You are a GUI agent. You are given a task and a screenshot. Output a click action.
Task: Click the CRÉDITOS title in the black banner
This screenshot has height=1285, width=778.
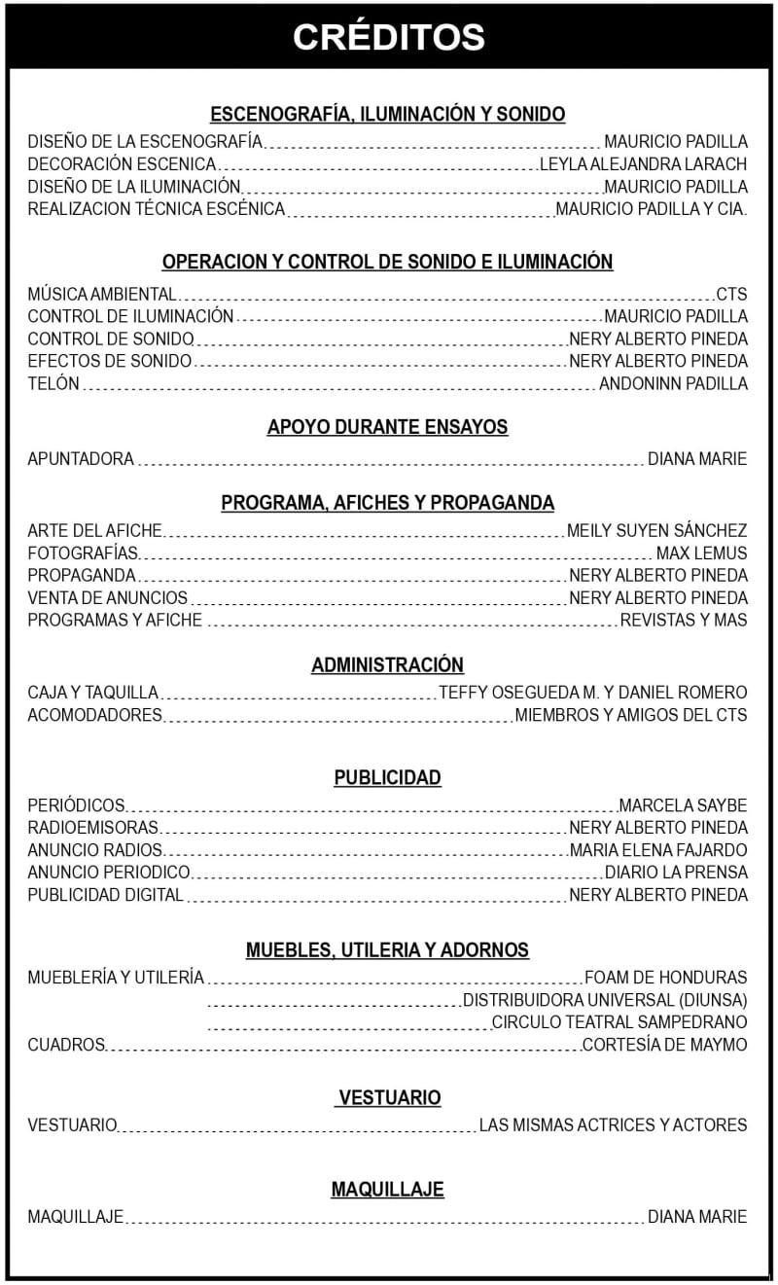[388, 37]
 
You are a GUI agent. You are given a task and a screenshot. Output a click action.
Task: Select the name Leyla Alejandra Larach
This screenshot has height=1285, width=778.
[643, 164]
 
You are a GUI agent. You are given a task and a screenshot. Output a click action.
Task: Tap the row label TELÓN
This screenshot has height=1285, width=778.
[53, 383]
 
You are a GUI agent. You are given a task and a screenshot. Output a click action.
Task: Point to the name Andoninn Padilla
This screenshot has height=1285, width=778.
[673, 383]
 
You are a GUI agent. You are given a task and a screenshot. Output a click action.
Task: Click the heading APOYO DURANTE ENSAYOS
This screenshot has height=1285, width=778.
[387, 427]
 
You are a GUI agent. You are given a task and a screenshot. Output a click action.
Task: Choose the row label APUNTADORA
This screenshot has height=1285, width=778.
[81, 458]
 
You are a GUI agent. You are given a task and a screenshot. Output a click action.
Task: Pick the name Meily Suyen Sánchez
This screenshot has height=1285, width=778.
[656, 530]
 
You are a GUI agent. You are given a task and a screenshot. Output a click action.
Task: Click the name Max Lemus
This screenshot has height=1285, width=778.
[701, 553]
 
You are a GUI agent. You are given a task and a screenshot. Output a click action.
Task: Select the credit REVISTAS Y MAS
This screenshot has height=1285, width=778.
[684, 620]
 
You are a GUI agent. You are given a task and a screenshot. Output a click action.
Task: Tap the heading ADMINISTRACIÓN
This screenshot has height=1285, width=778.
[387, 665]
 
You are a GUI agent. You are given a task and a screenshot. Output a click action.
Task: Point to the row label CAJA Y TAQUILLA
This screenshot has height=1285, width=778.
[92, 693]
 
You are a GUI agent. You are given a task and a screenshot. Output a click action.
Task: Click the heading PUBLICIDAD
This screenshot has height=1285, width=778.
[387, 777]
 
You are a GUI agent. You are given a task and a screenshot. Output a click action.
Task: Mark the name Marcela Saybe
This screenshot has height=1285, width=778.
[683, 805]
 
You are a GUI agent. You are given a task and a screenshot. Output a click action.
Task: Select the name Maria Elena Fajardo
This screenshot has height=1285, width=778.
[658, 850]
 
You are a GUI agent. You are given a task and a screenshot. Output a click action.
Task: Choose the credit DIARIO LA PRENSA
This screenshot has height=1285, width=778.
[676, 873]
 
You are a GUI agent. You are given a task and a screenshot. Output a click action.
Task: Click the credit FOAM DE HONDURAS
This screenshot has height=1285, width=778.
[666, 978]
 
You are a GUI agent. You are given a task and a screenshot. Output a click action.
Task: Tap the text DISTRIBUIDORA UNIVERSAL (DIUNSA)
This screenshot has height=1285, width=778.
[605, 1000]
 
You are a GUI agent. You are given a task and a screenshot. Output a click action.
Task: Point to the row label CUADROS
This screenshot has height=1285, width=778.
[66, 1045]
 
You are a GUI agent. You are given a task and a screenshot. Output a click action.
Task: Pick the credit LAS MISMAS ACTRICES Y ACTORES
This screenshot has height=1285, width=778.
[613, 1125]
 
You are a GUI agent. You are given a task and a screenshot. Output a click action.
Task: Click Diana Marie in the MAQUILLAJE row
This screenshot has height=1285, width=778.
[697, 1216]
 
